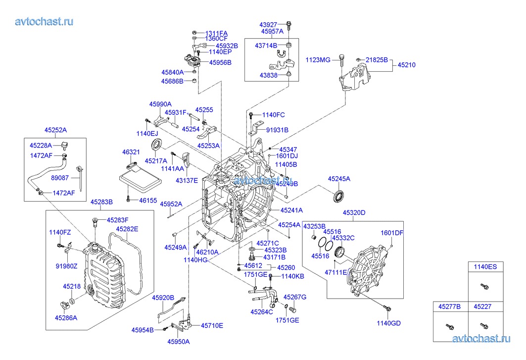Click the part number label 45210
click(x=407, y=64)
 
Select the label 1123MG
click(x=318, y=60)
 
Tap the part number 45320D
click(x=354, y=213)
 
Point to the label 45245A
click(x=339, y=178)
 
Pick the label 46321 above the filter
click(x=131, y=153)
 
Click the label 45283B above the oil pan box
click(x=101, y=202)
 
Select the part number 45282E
click(x=127, y=229)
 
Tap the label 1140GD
click(x=388, y=323)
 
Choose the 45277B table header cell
click(x=449, y=307)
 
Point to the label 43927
click(x=269, y=24)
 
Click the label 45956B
click(x=220, y=62)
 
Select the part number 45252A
click(x=55, y=130)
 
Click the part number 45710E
click(x=212, y=325)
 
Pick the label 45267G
click(x=295, y=297)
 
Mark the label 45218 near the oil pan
click(x=72, y=286)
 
